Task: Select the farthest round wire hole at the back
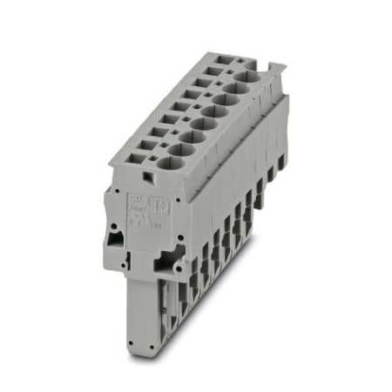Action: pyautogui.click(x=247, y=78)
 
